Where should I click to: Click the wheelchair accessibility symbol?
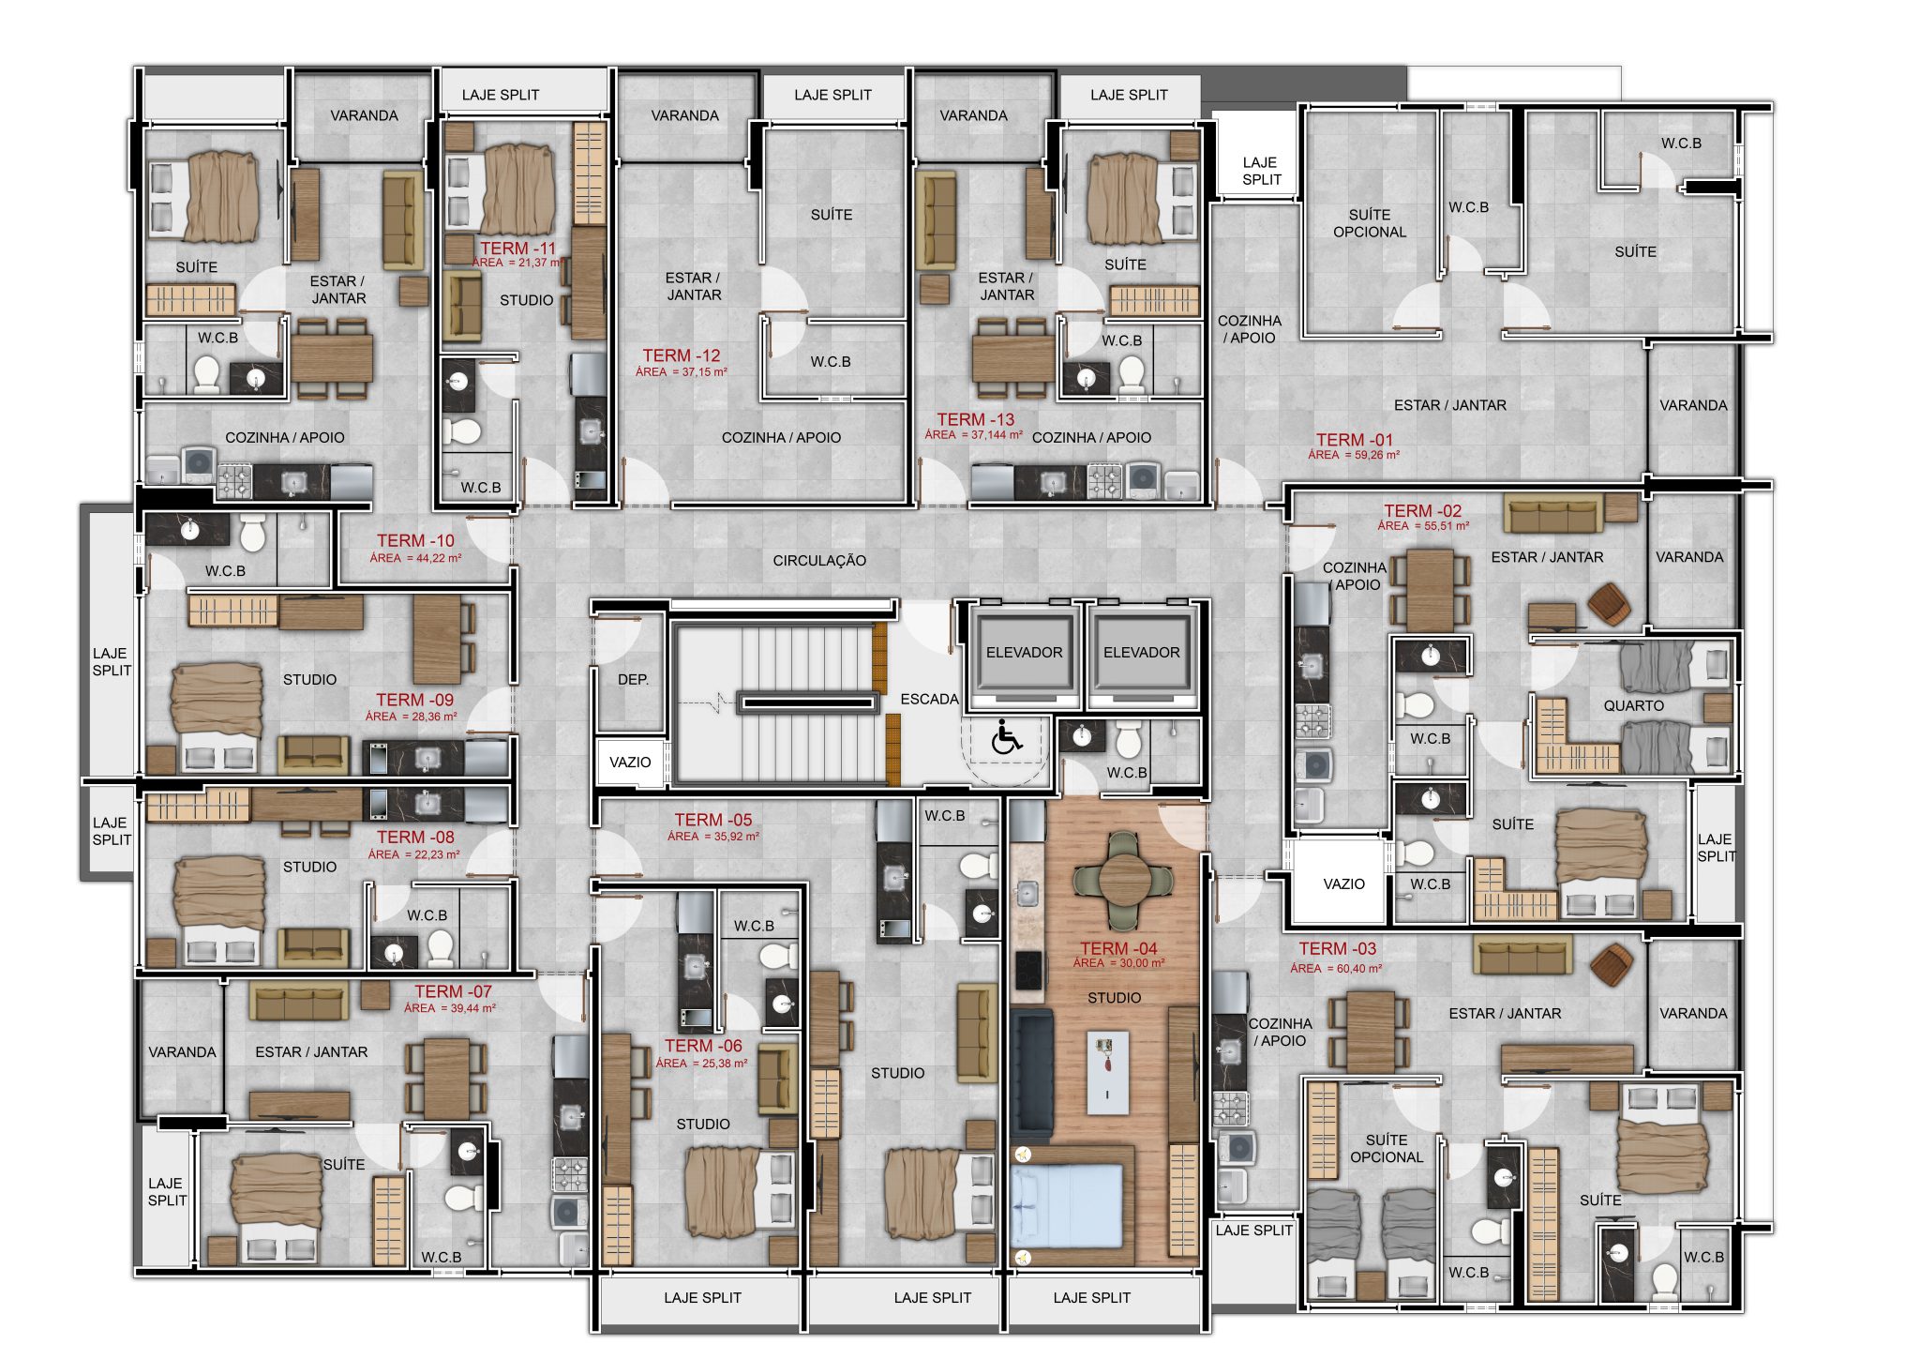click(1007, 737)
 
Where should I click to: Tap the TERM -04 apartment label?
click(1118, 948)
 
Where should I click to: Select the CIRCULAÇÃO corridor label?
click(819, 561)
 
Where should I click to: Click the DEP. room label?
click(633, 679)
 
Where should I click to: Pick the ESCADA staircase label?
click(929, 700)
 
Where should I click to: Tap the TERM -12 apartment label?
click(682, 355)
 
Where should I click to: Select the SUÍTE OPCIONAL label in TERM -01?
click(1370, 223)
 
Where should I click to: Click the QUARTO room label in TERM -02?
click(1634, 705)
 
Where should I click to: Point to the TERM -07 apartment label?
click(454, 991)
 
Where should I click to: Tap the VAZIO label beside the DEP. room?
click(630, 763)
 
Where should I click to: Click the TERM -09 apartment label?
click(414, 700)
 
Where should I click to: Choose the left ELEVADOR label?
click(1025, 653)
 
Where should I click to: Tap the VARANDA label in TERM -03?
click(1693, 1014)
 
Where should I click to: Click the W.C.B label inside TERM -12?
click(831, 362)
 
